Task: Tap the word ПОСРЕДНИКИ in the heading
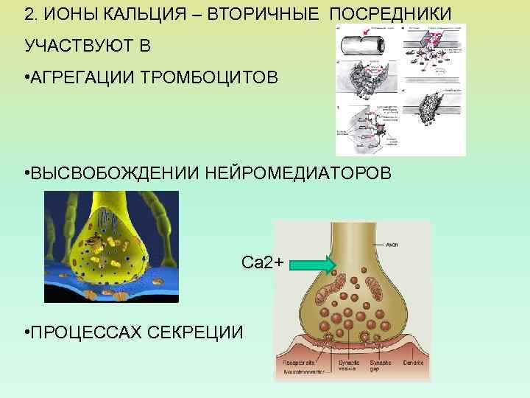point(391,15)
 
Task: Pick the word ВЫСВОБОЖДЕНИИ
point(110,172)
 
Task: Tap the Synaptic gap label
point(381,366)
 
